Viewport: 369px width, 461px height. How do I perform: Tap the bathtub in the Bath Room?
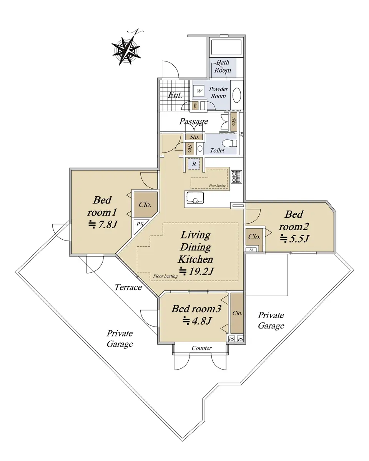click(x=226, y=48)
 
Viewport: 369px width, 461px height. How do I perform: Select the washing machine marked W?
click(x=199, y=91)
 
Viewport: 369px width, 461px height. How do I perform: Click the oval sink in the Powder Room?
click(x=237, y=95)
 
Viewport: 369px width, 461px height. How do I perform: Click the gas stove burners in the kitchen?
click(x=236, y=176)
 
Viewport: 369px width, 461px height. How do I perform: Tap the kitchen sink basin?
click(x=195, y=197)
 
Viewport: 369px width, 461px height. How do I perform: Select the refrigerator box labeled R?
click(x=194, y=164)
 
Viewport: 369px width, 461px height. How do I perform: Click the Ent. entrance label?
click(x=175, y=95)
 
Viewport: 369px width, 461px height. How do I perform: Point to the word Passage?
click(x=194, y=121)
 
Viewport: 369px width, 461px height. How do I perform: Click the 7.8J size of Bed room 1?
click(x=103, y=224)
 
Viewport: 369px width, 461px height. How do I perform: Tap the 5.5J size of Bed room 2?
click(x=294, y=239)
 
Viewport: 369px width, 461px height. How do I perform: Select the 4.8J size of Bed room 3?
click(x=197, y=321)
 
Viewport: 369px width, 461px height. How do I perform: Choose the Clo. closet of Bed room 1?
click(x=146, y=204)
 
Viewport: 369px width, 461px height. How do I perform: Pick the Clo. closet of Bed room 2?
click(x=254, y=237)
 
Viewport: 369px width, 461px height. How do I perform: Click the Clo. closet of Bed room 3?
click(x=237, y=313)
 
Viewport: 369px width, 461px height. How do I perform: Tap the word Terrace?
click(x=128, y=287)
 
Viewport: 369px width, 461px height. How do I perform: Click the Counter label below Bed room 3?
click(x=201, y=348)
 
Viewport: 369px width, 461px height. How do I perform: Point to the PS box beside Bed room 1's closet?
click(x=140, y=224)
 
